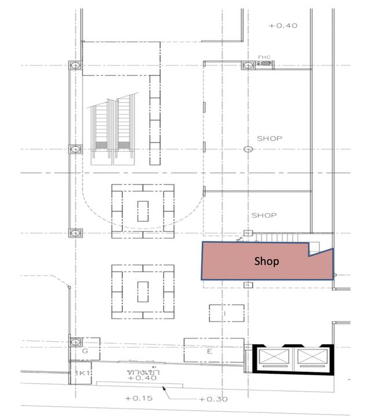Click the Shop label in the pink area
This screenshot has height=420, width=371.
click(267, 261)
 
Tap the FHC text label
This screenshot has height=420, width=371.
click(264, 57)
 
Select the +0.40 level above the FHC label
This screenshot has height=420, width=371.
click(283, 25)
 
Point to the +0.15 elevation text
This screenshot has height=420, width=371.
click(139, 399)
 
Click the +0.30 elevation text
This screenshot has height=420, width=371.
click(213, 399)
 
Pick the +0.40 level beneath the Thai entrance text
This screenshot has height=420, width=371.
click(142, 378)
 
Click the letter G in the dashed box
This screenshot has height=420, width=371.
click(85, 350)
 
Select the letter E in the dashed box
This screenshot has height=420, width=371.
click(210, 351)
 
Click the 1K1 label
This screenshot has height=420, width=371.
click(82, 373)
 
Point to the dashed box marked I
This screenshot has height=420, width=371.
click(227, 313)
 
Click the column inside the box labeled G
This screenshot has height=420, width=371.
click(75, 342)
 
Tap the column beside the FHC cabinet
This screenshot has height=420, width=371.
click(248, 65)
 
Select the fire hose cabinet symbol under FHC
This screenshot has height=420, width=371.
click(264, 64)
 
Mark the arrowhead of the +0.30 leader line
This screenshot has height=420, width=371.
click(163, 388)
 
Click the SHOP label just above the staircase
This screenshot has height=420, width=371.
click(264, 216)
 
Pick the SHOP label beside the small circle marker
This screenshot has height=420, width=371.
click(270, 138)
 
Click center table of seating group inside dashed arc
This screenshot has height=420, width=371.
click(143, 211)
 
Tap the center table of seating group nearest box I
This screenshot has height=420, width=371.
click(143, 292)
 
